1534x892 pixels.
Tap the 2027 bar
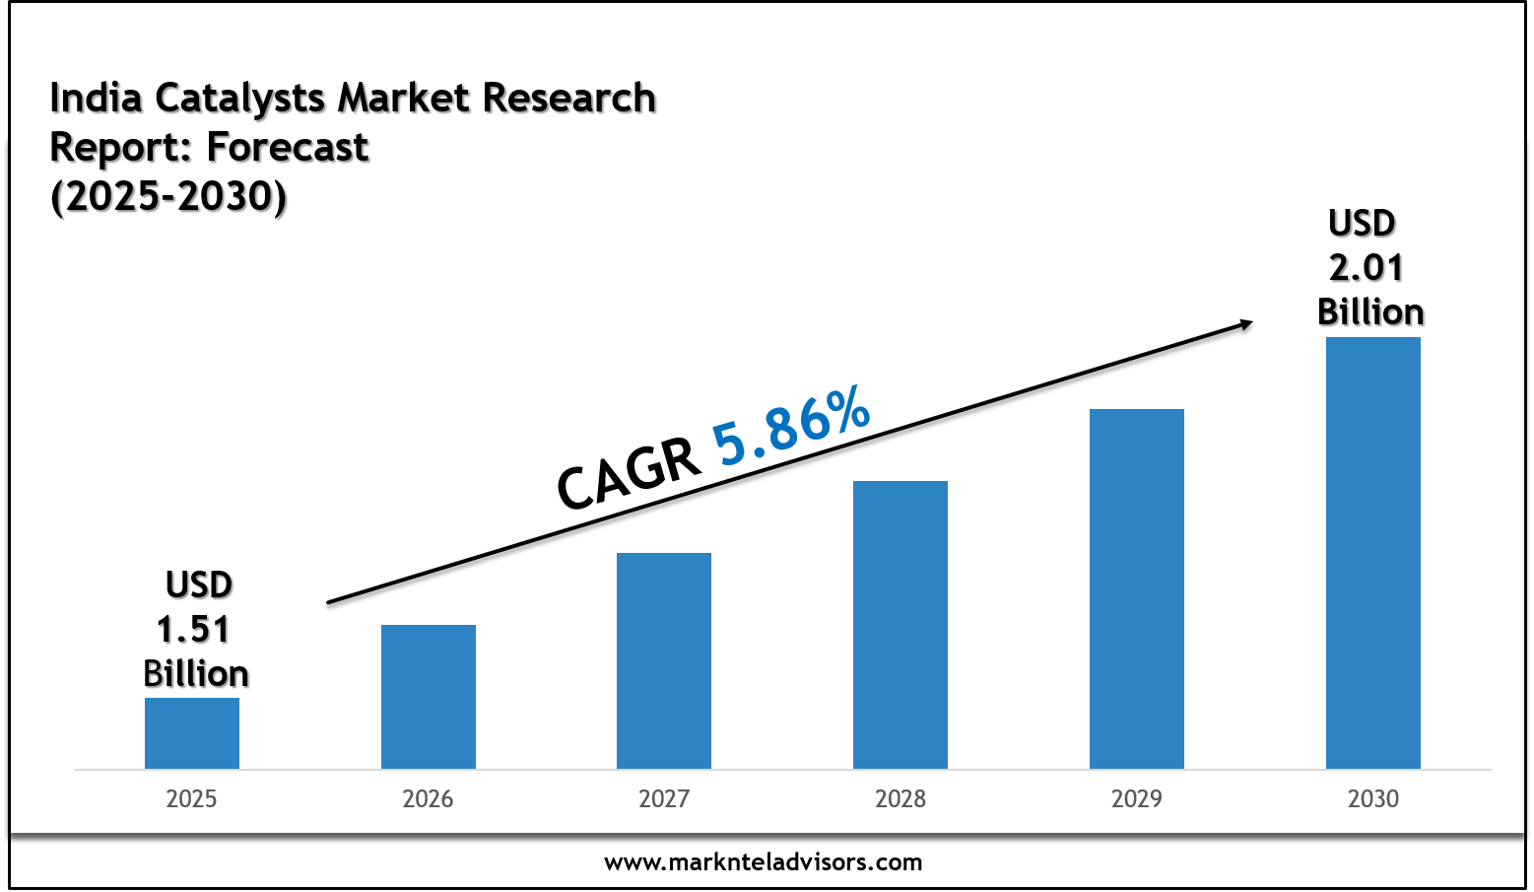(x=663, y=660)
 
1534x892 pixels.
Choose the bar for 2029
(x=1136, y=588)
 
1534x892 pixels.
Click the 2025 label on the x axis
(x=191, y=798)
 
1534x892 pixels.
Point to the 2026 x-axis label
(x=428, y=798)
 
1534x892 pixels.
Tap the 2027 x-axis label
(x=663, y=798)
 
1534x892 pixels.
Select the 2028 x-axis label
(x=900, y=798)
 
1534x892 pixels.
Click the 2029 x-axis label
(x=1136, y=798)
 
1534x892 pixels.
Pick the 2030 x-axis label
(x=1372, y=798)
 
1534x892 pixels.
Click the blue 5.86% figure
(x=791, y=425)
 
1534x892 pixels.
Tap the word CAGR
(x=628, y=474)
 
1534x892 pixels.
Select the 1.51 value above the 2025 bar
(x=193, y=629)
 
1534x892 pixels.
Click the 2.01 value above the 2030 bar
(x=1366, y=267)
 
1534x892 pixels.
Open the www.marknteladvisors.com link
(x=764, y=862)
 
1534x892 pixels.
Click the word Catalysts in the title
(x=240, y=99)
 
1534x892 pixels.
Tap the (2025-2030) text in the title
(x=168, y=196)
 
